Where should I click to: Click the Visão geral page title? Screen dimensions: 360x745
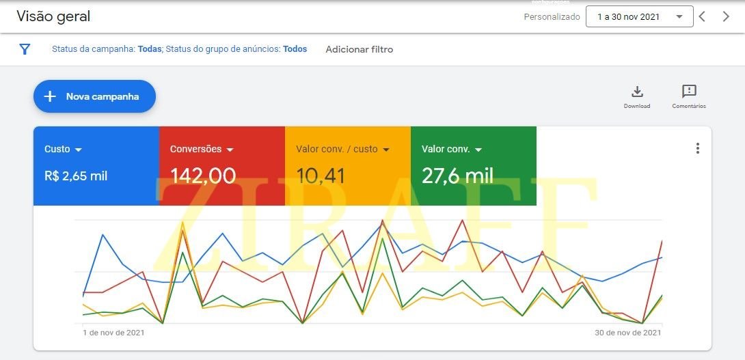coord(53,16)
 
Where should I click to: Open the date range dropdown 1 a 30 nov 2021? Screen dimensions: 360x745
coord(639,17)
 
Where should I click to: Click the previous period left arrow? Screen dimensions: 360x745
coord(702,17)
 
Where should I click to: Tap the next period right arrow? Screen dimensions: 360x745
coord(726,17)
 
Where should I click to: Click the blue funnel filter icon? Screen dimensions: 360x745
coord(25,49)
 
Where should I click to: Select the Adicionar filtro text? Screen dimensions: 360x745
coord(359,49)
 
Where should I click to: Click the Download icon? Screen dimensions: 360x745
coord(637,92)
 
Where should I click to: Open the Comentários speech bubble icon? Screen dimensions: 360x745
coord(689,92)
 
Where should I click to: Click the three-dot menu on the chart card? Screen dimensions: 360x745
coord(697,148)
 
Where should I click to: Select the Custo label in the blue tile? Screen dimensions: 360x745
coord(57,149)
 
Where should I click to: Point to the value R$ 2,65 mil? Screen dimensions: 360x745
coord(76,176)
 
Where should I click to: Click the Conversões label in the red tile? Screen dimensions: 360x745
coord(196,149)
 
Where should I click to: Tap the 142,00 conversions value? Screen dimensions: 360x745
coord(203,176)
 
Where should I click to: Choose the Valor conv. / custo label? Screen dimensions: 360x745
coord(337,149)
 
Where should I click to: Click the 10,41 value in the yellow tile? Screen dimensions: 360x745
coord(321,176)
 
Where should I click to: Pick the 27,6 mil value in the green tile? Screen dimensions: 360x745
coord(457,176)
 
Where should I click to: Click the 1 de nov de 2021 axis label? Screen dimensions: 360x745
coord(113,333)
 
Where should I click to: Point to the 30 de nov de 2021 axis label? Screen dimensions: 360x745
coord(627,333)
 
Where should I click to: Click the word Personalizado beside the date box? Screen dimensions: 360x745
coord(552,17)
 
